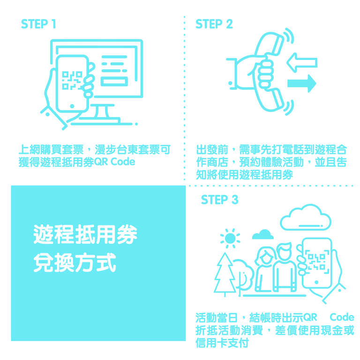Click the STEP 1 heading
click(38, 24)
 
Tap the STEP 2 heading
click(214, 24)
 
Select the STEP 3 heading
click(219, 199)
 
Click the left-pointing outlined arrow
click(302, 63)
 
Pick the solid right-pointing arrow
click(302, 83)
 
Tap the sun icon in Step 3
click(230, 238)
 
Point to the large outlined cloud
click(306, 217)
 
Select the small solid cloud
click(263, 234)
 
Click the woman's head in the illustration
click(266, 255)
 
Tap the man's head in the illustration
click(284, 251)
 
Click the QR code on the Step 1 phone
click(72, 80)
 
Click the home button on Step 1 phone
click(72, 106)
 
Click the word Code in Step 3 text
click(342, 317)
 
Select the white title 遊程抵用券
click(85, 234)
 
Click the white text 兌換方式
click(75, 262)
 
